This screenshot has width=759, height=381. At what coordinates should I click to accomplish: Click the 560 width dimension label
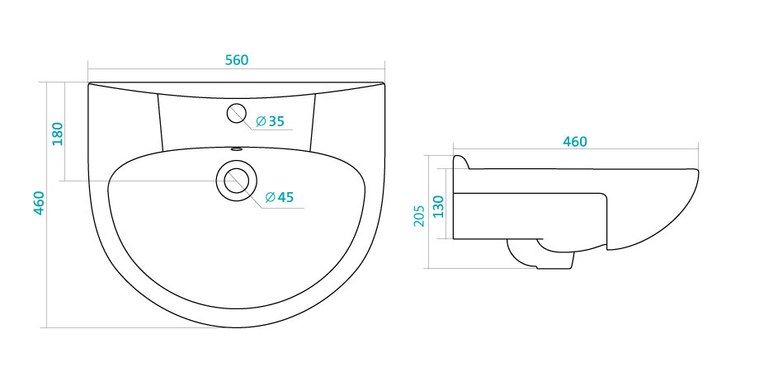pyautogui.click(x=237, y=60)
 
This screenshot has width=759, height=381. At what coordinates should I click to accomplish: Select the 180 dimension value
pyautogui.click(x=58, y=134)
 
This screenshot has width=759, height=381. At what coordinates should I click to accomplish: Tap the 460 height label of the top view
pyautogui.click(x=40, y=204)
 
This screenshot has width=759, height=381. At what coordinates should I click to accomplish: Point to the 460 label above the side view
pyautogui.click(x=575, y=142)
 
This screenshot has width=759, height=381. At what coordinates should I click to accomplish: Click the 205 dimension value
pyautogui.click(x=419, y=216)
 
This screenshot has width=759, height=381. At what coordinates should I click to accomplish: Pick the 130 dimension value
pyautogui.click(x=438, y=207)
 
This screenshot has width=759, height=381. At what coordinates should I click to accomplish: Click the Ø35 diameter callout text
pyautogui.click(x=270, y=121)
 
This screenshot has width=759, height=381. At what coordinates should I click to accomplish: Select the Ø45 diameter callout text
pyautogui.click(x=280, y=197)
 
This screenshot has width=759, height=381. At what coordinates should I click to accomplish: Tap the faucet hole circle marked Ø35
pyautogui.click(x=237, y=113)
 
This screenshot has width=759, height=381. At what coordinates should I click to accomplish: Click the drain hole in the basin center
pyautogui.click(x=237, y=180)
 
